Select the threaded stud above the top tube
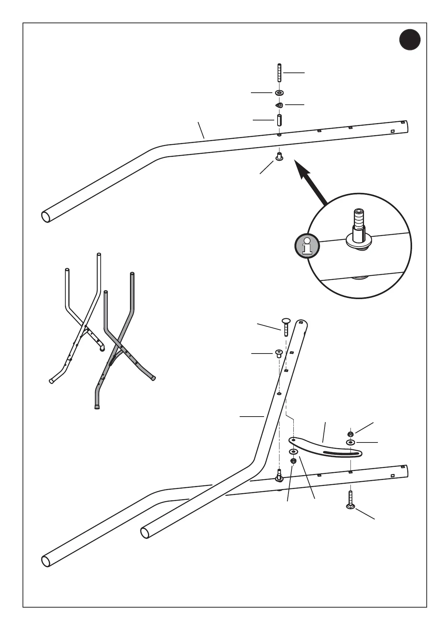tap(279, 73)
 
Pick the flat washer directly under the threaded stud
tap(279, 92)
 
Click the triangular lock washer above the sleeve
tap(279, 105)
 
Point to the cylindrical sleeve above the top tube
tap(279, 120)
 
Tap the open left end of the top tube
tap(46, 217)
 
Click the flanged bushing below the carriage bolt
tap(279, 353)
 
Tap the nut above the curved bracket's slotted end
tap(350, 434)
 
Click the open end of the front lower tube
tap(145, 533)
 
